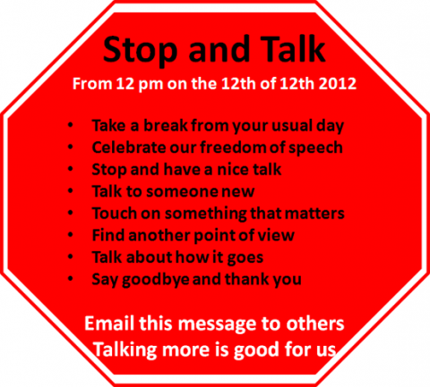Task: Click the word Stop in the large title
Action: tap(140, 50)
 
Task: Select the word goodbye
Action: tap(156, 280)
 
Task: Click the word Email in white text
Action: tap(109, 324)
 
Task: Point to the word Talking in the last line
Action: tap(125, 349)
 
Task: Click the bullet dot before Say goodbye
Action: tap(71, 279)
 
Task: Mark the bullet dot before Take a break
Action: tap(71, 125)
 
